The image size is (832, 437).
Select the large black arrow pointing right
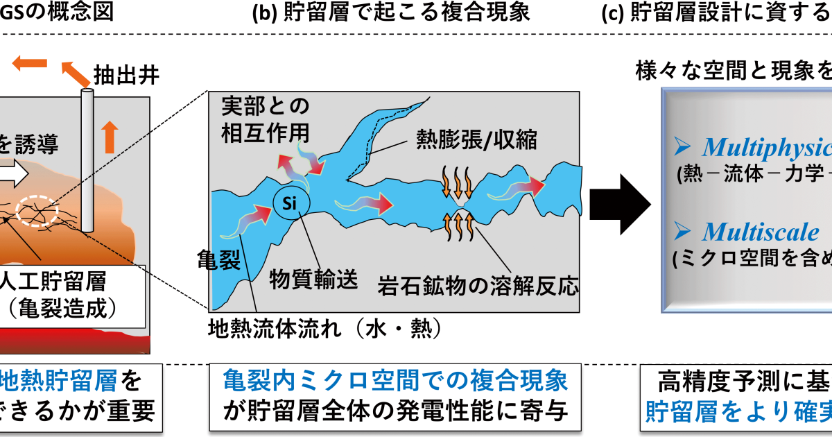[x=620, y=204]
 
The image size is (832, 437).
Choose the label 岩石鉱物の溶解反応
[x=478, y=285]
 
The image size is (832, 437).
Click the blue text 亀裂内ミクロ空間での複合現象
[x=395, y=381]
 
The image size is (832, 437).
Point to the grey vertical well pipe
[x=87, y=160]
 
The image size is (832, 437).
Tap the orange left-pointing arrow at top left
[x=29, y=65]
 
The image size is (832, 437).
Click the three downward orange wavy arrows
[x=456, y=181]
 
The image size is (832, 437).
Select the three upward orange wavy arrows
[x=455, y=228]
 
